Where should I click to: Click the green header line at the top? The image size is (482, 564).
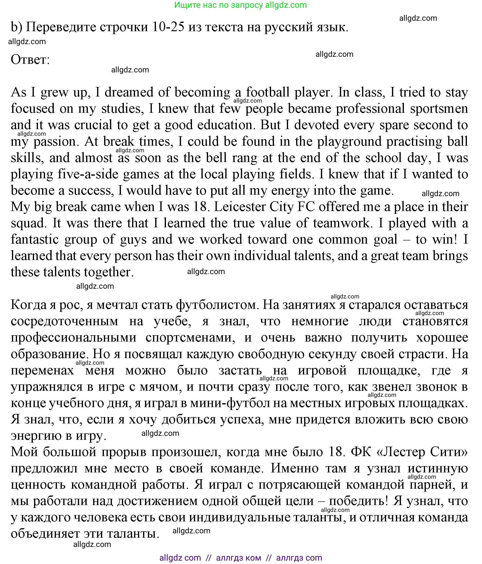[240, 5]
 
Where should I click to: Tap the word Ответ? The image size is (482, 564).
[30, 60]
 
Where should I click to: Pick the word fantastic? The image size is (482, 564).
[35, 239]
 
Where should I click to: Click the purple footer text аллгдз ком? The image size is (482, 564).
[238, 558]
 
